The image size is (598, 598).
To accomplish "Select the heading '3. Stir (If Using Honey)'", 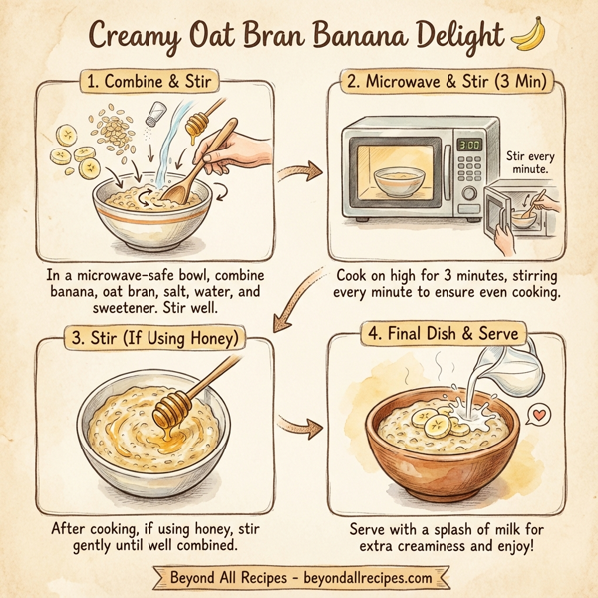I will pos(152,339).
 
